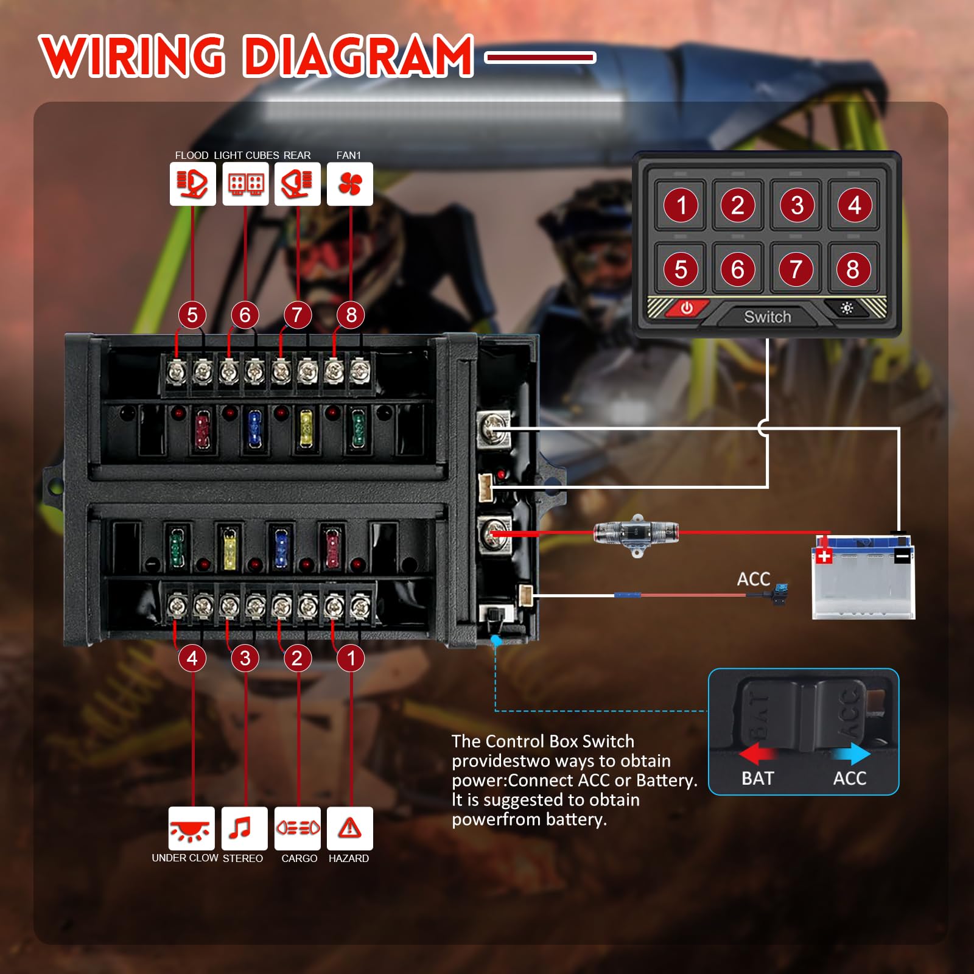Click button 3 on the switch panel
[797, 205]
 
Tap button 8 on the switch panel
[853, 269]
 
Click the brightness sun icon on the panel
[847, 309]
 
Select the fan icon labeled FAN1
[350, 184]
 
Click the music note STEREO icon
[245, 829]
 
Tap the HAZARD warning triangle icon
[350, 829]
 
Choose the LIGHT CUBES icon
[245, 184]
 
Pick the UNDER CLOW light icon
[192, 829]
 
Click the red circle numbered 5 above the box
[192, 315]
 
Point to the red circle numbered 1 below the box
[351, 658]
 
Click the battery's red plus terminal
[824, 555]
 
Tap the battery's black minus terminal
[902, 555]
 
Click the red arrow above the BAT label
[758, 754]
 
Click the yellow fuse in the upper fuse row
[306, 427]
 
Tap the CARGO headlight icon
[298, 829]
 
